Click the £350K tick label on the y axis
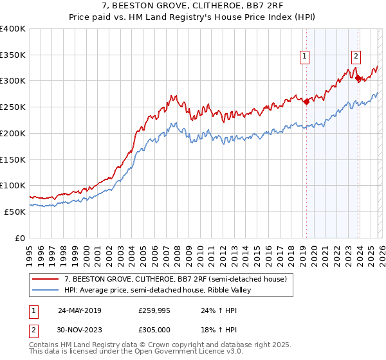[12, 55]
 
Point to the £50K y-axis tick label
[15, 212]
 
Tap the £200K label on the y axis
[12, 133]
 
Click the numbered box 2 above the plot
[356, 56]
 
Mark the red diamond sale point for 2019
[306, 100]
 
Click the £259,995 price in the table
[155, 310]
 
